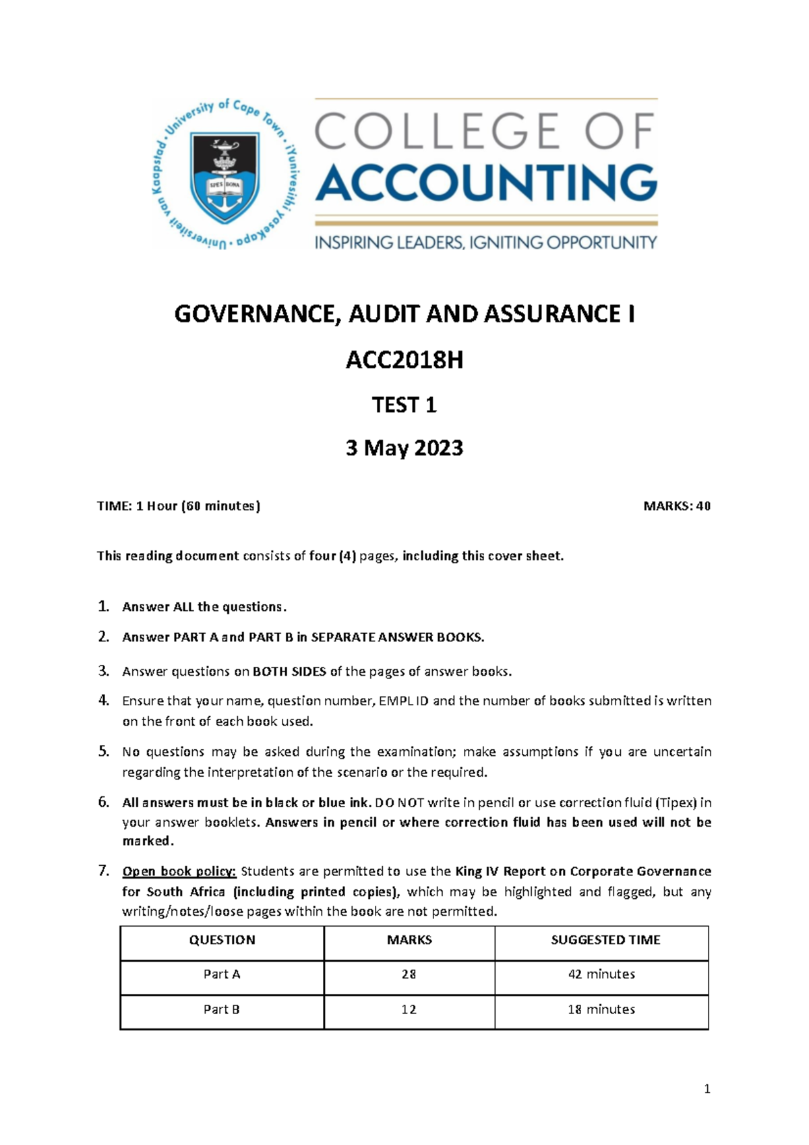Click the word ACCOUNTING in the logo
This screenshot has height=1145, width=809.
click(x=486, y=183)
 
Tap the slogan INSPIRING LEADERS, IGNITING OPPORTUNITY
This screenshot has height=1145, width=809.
click(x=485, y=242)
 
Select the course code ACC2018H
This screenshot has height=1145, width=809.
click(x=404, y=361)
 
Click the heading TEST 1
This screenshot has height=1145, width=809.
click(x=404, y=405)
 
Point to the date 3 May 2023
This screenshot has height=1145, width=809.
click(x=404, y=448)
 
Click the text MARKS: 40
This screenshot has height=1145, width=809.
click(x=676, y=506)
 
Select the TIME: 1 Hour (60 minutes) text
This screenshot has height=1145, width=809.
click(x=179, y=506)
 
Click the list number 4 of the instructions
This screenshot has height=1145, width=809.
click(x=103, y=700)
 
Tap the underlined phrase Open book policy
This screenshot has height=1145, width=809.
click(x=179, y=871)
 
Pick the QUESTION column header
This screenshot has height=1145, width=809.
click(x=222, y=940)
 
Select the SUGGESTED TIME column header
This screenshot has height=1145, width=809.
click(x=605, y=940)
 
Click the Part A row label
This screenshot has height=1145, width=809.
click(x=222, y=974)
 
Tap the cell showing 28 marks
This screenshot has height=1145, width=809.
click(x=409, y=974)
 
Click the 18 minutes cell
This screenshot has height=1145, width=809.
click(x=601, y=1009)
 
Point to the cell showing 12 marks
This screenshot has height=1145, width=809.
click(x=409, y=1009)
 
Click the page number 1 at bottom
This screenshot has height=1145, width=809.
click(x=707, y=1088)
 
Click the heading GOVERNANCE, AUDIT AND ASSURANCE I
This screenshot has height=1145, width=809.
click(x=404, y=314)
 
